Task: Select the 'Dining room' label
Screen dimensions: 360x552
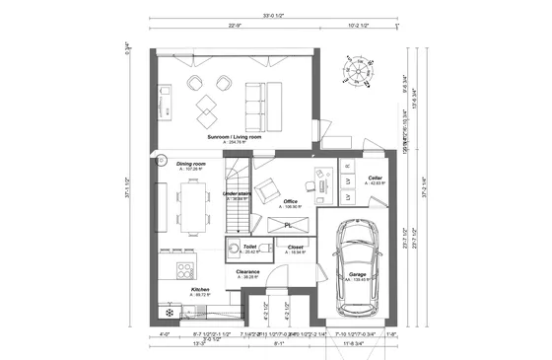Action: [x=191, y=164]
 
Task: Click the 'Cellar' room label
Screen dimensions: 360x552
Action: [x=376, y=180]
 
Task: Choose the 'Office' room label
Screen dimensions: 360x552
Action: [x=290, y=202]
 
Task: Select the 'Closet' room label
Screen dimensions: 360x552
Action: [x=296, y=248]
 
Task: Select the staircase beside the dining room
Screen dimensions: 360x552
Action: [x=238, y=211]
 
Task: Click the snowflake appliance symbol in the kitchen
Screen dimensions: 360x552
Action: [x=170, y=313]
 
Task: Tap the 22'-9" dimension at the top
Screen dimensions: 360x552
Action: [x=235, y=27]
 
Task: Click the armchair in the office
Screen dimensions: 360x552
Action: [x=269, y=187]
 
